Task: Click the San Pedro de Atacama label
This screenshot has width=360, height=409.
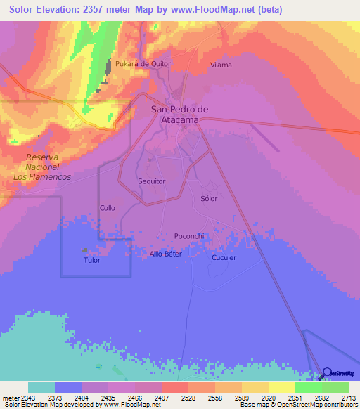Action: tap(180, 114)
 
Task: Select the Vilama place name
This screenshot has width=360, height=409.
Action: tap(221, 65)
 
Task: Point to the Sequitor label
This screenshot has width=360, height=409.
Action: tap(152, 181)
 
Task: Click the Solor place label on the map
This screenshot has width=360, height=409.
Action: tap(209, 199)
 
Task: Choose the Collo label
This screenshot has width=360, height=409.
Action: tap(108, 208)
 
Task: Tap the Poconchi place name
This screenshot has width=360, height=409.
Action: tap(188, 236)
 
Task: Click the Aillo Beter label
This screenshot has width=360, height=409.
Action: tap(166, 254)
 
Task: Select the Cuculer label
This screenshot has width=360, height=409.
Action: tap(224, 257)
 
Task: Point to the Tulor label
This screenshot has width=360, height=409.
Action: tap(92, 260)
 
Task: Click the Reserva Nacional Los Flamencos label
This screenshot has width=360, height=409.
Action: tap(42, 167)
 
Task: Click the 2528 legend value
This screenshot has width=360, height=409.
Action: tap(188, 398)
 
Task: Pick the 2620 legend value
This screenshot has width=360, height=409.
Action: tap(269, 398)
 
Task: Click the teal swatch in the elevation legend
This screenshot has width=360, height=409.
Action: tap(41, 387)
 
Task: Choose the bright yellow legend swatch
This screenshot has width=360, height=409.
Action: tap(281, 387)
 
